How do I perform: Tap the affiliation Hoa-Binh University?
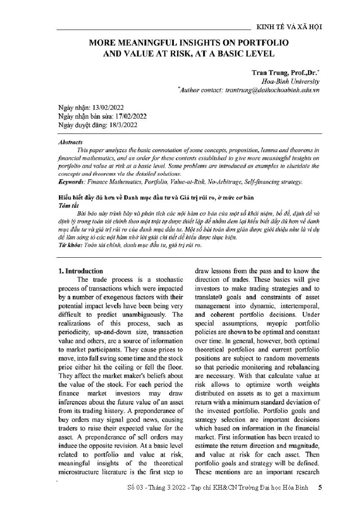pyautogui.click(x=285, y=82)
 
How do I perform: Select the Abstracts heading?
pyautogui.click(x=70, y=142)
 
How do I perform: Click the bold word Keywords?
pyautogui.click(x=70, y=181)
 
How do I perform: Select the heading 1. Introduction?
pyautogui.click(x=81, y=271)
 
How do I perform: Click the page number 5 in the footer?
pyautogui.click(x=320, y=487)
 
